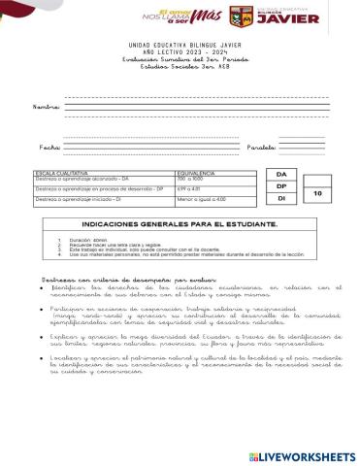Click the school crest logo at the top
click(241, 17)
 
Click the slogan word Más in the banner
click(205, 16)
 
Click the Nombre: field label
click(48, 106)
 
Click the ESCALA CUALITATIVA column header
click(59, 172)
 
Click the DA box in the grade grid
click(281, 173)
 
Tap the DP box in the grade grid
click(281, 185)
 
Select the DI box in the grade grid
click(281, 198)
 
